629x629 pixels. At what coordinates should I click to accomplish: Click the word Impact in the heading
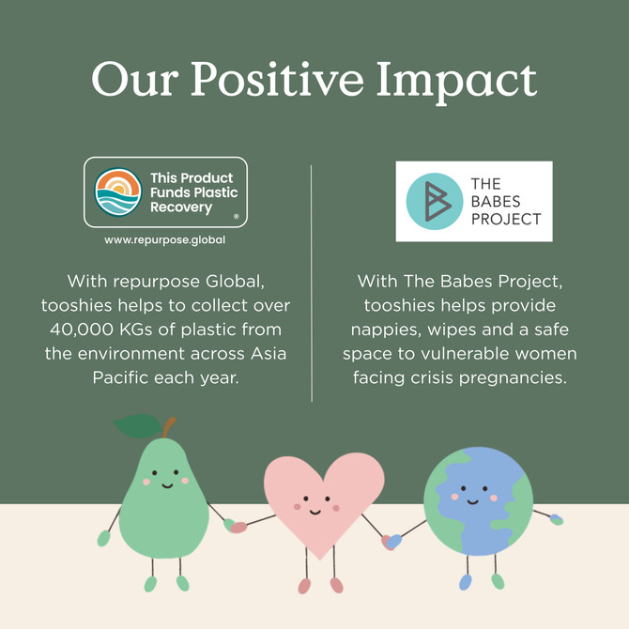[x=456, y=82]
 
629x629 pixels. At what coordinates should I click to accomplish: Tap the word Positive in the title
[x=277, y=79]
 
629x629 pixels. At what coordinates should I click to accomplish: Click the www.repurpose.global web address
[x=165, y=240]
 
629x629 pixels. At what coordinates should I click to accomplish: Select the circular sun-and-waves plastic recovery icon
[x=118, y=192]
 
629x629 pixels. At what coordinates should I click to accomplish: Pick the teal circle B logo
[x=435, y=202]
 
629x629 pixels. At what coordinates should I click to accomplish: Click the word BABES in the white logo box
[x=496, y=202]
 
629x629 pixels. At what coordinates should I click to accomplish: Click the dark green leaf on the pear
[x=138, y=426]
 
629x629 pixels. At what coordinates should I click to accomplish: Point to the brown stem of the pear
[x=169, y=427]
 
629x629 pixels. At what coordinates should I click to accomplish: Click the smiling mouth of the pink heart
[x=314, y=512]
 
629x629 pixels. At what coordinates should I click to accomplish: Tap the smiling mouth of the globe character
[x=472, y=501]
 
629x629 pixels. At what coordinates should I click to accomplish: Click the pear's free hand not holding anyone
[x=103, y=538]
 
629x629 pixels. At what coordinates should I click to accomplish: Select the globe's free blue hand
[x=557, y=520]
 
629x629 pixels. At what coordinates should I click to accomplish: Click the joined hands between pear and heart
[x=235, y=526]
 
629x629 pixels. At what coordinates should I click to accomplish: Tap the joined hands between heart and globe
[x=391, y=542]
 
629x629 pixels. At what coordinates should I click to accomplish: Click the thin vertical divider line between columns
[x=312, y=284]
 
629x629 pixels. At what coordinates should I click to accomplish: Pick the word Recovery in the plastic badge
[x=181, y=207]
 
